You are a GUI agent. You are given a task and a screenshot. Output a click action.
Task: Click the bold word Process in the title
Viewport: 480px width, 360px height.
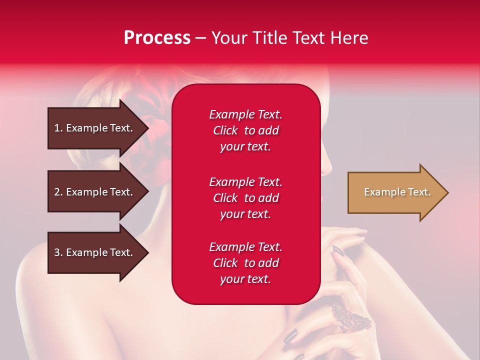[x=157, y=37]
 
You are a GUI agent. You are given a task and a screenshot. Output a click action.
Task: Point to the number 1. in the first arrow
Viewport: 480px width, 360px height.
[x=58, y=128]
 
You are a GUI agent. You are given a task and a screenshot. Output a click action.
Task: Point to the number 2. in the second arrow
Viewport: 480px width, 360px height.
[x=58, y=192]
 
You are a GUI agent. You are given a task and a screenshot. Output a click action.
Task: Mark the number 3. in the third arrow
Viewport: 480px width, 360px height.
[x=58, y=252]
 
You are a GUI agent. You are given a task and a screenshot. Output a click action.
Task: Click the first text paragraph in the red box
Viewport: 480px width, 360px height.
[x=245, y=130]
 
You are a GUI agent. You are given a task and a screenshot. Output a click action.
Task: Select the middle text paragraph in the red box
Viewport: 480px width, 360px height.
[x=245, y=198]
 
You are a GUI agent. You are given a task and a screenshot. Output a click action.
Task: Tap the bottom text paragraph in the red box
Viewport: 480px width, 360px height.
[x=245, y=263]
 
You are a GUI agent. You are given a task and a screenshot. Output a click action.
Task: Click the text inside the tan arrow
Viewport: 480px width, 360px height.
[x=397, y=192]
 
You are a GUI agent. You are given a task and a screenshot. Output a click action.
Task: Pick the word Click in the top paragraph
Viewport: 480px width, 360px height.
[x=225, y=130]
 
